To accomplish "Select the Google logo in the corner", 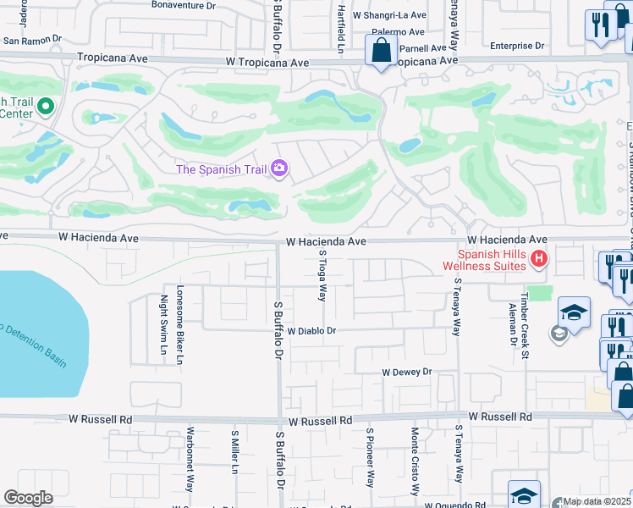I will pyautogui.click(x=28, y=498).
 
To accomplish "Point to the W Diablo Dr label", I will pyautogui.click(x=312, y=332).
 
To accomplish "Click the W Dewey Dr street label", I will pyautogui.click(x=406, y=372).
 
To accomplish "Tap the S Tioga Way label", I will pyautogui.click(x=322, y=275).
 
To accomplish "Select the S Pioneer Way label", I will pyautogui.click(x=370, y=457).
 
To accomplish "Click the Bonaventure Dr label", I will pyautogui.click(x=184, y=5).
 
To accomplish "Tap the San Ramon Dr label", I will pyautogui.click(x=33, y=40).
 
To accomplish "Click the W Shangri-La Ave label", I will pyautogui.click(x=389, y=15).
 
